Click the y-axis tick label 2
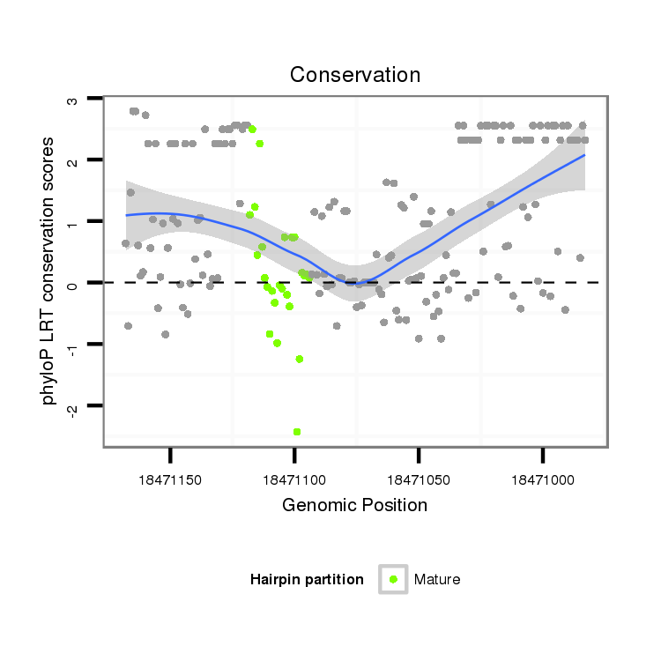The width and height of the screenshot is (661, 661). (72, 160)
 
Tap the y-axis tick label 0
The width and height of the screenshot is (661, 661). (72, 283)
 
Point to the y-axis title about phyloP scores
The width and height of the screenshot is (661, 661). (50, 271)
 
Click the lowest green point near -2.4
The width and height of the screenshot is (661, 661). (297, 431)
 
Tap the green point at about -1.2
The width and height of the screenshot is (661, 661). (300, 359)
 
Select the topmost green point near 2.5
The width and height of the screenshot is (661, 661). (252, 130)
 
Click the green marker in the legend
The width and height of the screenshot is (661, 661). (393, 579)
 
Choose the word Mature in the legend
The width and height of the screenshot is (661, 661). (437, 579)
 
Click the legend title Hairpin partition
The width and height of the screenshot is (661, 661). (307, 579)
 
